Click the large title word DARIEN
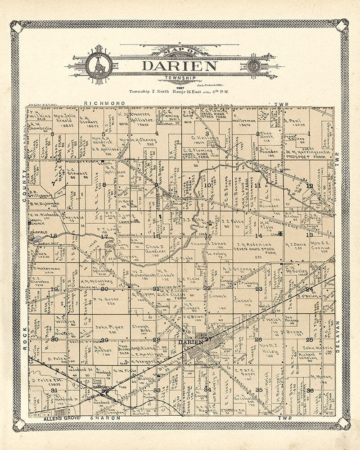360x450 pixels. pos(180,66)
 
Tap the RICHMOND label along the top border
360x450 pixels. pos(105,103)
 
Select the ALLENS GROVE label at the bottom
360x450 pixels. pos(58,418)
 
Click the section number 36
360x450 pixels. pos(310,390)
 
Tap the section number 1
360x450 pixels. pos(309,133)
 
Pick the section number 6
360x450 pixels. pos(53,134)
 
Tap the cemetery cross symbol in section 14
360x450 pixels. pos(281,233)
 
